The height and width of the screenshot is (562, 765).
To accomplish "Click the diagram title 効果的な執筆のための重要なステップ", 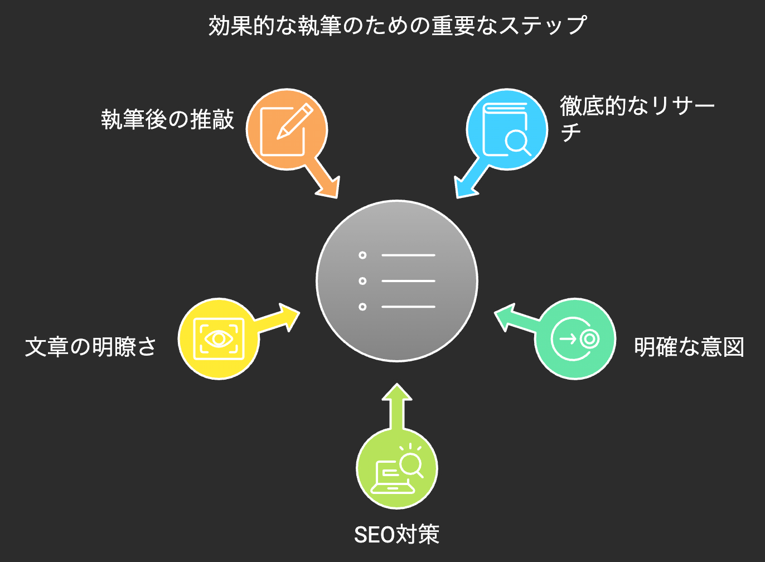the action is pos(397,26).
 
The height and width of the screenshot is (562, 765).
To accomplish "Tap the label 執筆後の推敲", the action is pos(168,119).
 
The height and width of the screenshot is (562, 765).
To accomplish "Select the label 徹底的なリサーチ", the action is pos(637,118).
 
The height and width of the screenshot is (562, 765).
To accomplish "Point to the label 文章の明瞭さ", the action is pos(90,347).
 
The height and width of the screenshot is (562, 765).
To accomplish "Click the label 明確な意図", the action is pos(689,347).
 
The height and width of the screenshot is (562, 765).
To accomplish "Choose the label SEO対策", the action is pos(396,535).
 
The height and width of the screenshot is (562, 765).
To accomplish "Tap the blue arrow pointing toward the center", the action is pos(472,178).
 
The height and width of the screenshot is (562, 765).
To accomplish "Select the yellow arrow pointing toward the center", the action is pos(277,318).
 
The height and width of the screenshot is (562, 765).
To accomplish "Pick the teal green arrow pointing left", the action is pos(517,318).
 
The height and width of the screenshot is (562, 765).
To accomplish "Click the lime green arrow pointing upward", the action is pos(397,407).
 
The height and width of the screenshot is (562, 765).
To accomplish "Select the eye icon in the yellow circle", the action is pos(219,338).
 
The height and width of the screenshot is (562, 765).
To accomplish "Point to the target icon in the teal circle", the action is pos(589,339).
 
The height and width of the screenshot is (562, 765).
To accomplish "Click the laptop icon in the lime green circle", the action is pos(393,477).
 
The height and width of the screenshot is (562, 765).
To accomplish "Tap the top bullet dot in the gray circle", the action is pos(362,255).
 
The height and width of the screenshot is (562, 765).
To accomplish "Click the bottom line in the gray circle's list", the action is pos(408,307).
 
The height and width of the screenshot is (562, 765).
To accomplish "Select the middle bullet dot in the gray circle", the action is pos(362,281).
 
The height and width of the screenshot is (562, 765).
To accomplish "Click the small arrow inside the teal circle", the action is pos(568,339).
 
